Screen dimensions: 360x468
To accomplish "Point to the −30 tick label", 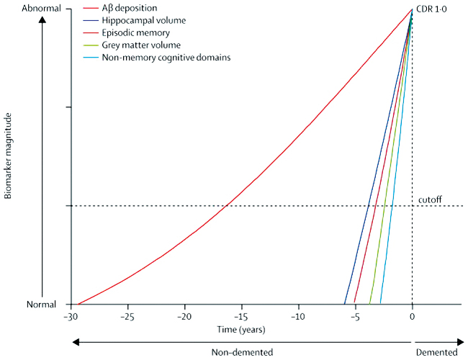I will pyautogui.click(x=71, y=316).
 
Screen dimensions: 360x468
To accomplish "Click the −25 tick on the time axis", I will pyautogui.click(x=127, y=316).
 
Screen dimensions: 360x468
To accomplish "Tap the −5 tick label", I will pyautogui.click(x=355, y=316).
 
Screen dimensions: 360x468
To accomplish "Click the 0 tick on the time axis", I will pyautogui.click(x=412, y=316).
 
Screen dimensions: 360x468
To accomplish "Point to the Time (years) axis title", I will pyautogui.click(x=241, y=330).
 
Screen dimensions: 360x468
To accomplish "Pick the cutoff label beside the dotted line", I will pyautogui.click(x=429, y=199).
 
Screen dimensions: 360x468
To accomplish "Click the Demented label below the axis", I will pyautogui.click(x=436, y=352).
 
